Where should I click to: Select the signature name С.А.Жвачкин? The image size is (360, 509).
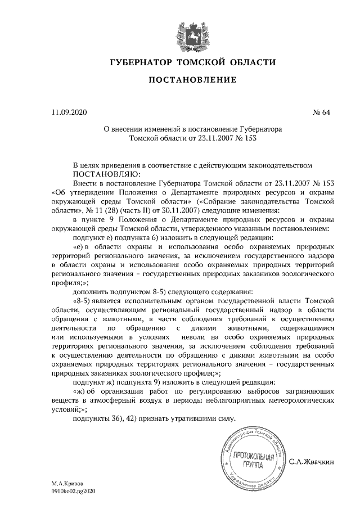[312, 462]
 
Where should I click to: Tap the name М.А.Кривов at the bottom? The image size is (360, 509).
[66, 483]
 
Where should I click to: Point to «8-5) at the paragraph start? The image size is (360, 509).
[83, 301]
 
